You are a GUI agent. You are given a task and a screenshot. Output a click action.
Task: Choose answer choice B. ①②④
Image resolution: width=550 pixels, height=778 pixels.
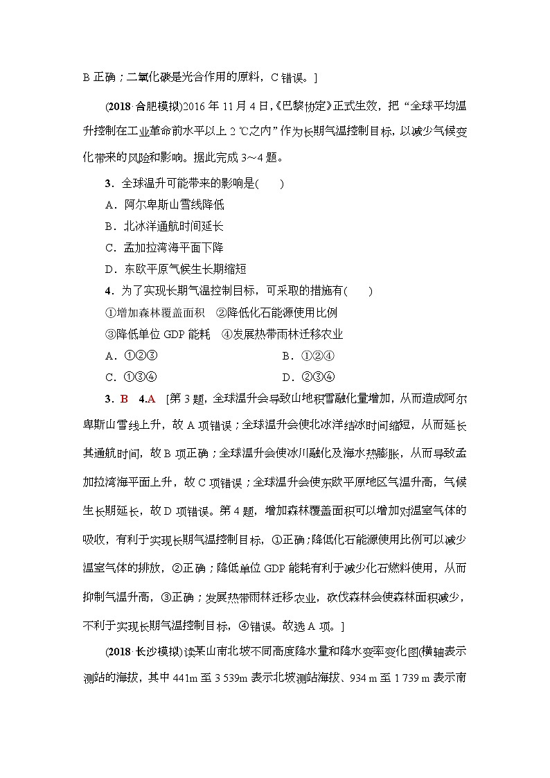click(x=309, y=356)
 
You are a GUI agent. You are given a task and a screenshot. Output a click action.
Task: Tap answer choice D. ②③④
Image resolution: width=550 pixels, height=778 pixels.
click(x=309, y=378)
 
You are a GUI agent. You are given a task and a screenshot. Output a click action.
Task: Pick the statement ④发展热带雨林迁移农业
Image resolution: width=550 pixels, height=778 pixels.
click(x=282, y=335)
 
